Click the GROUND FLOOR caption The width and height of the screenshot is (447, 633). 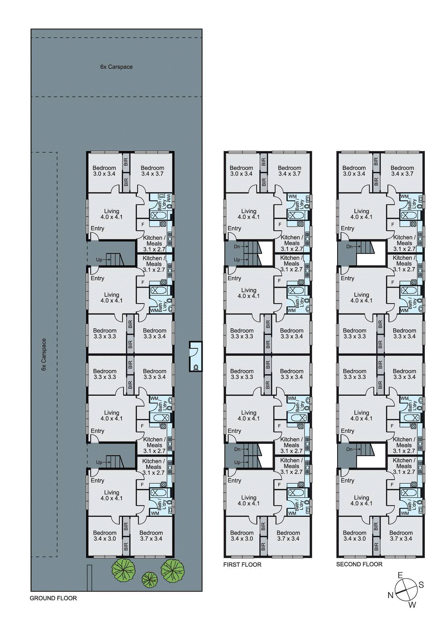point(53,598)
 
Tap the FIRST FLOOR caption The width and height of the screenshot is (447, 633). point(242,565)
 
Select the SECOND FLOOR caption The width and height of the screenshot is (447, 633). point(359,564)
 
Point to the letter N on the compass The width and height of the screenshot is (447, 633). point(390,595)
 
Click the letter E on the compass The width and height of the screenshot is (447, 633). point(400,575)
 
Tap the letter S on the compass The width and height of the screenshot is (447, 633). point(421,585)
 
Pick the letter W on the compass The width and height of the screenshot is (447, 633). point(412,605)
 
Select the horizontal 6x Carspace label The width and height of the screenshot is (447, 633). point(116,67)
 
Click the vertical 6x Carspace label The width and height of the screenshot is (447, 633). point(44,354)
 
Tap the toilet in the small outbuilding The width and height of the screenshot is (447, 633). point(196,367)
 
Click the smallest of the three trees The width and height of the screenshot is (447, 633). point(149,580)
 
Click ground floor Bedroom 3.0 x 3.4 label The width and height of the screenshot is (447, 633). point(104,171)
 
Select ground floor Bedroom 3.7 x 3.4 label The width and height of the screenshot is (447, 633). point(151,536)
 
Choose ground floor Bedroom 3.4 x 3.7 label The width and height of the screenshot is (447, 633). point(152,171)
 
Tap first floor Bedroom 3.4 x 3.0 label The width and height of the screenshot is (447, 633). point(242,536)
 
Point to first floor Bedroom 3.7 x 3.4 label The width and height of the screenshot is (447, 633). point(288,536)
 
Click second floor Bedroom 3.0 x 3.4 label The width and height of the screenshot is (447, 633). point(354,171)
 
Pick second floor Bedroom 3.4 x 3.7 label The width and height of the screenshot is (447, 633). point(402,171)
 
